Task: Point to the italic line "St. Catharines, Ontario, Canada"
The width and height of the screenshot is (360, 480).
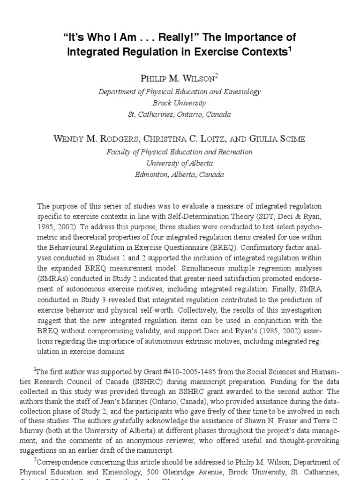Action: pyautogui.click(x=180, y=114)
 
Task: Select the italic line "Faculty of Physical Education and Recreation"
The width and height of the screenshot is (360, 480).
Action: pyautogui.click(x=180, y=152)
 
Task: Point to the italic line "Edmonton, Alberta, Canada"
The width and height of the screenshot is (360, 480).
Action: pyautogui.click(x=180, y=174)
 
